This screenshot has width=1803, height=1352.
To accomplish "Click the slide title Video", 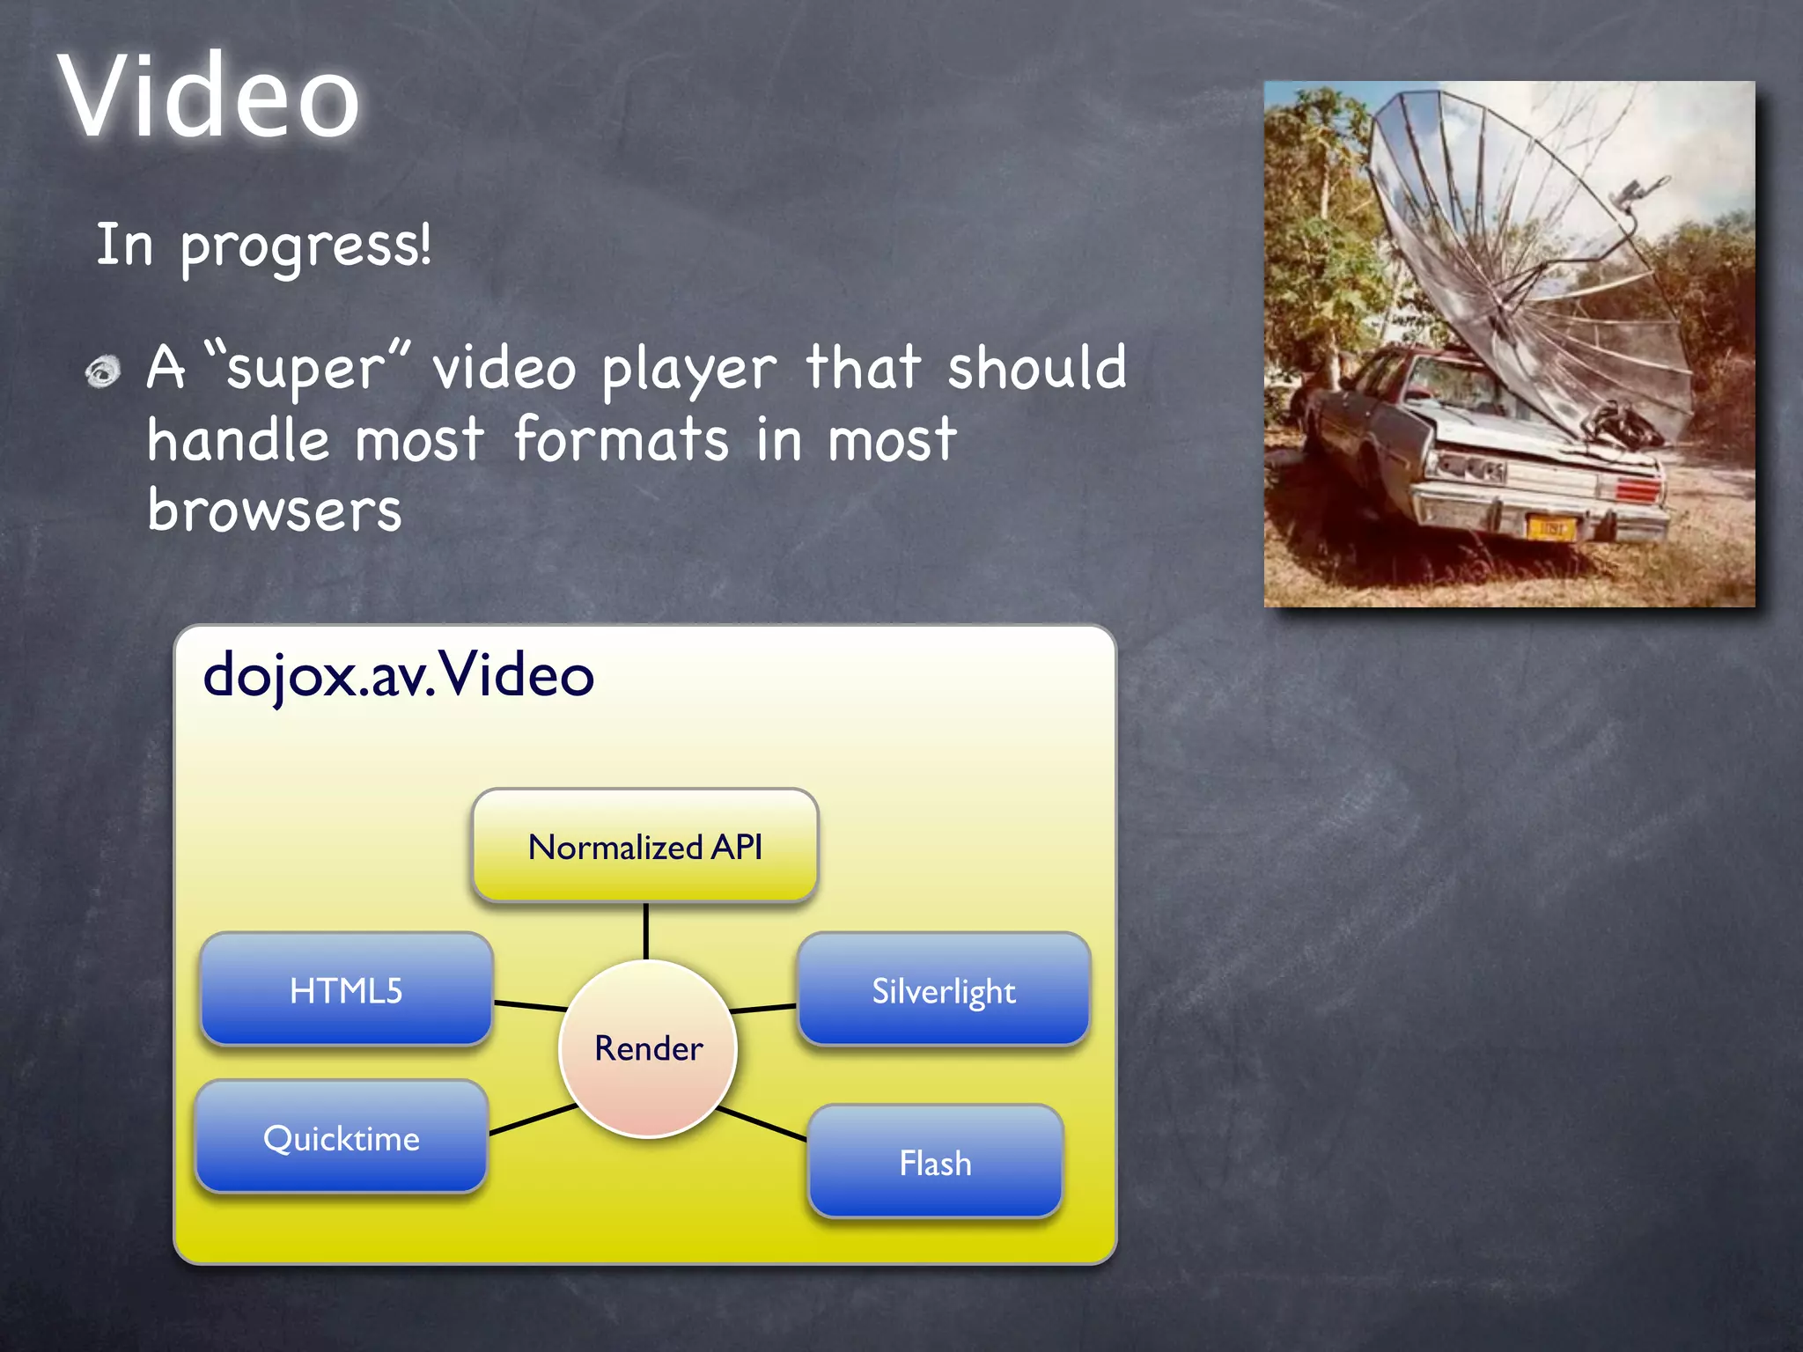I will (209, 97).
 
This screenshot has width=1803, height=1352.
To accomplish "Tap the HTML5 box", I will (346, 990).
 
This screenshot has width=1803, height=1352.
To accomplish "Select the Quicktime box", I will (342, 1138).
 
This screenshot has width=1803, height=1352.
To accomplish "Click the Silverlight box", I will (944, 990).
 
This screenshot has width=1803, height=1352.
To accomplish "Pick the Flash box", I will (935, 1163).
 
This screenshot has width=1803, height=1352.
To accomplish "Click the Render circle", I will (648, 1048).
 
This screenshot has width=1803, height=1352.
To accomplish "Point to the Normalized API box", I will (645, 846).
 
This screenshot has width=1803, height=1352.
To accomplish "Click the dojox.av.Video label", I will (398, 676).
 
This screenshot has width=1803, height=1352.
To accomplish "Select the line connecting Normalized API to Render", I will (646, 931).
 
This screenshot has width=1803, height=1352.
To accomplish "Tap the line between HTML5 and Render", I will (530, 1005).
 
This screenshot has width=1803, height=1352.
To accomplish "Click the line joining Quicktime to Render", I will (533, 1119).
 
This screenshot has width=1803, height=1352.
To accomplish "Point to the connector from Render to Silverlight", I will (763, 1008).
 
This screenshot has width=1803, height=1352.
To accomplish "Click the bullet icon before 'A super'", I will (103, 371).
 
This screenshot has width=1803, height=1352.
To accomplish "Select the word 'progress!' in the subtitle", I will (306, 247).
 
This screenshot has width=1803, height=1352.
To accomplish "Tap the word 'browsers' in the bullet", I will (274, 511).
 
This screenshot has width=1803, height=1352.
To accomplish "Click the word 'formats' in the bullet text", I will (622, 439).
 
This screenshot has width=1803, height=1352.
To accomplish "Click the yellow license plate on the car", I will (1549, 528).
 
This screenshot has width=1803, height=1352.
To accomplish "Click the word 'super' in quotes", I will (305, 370).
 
